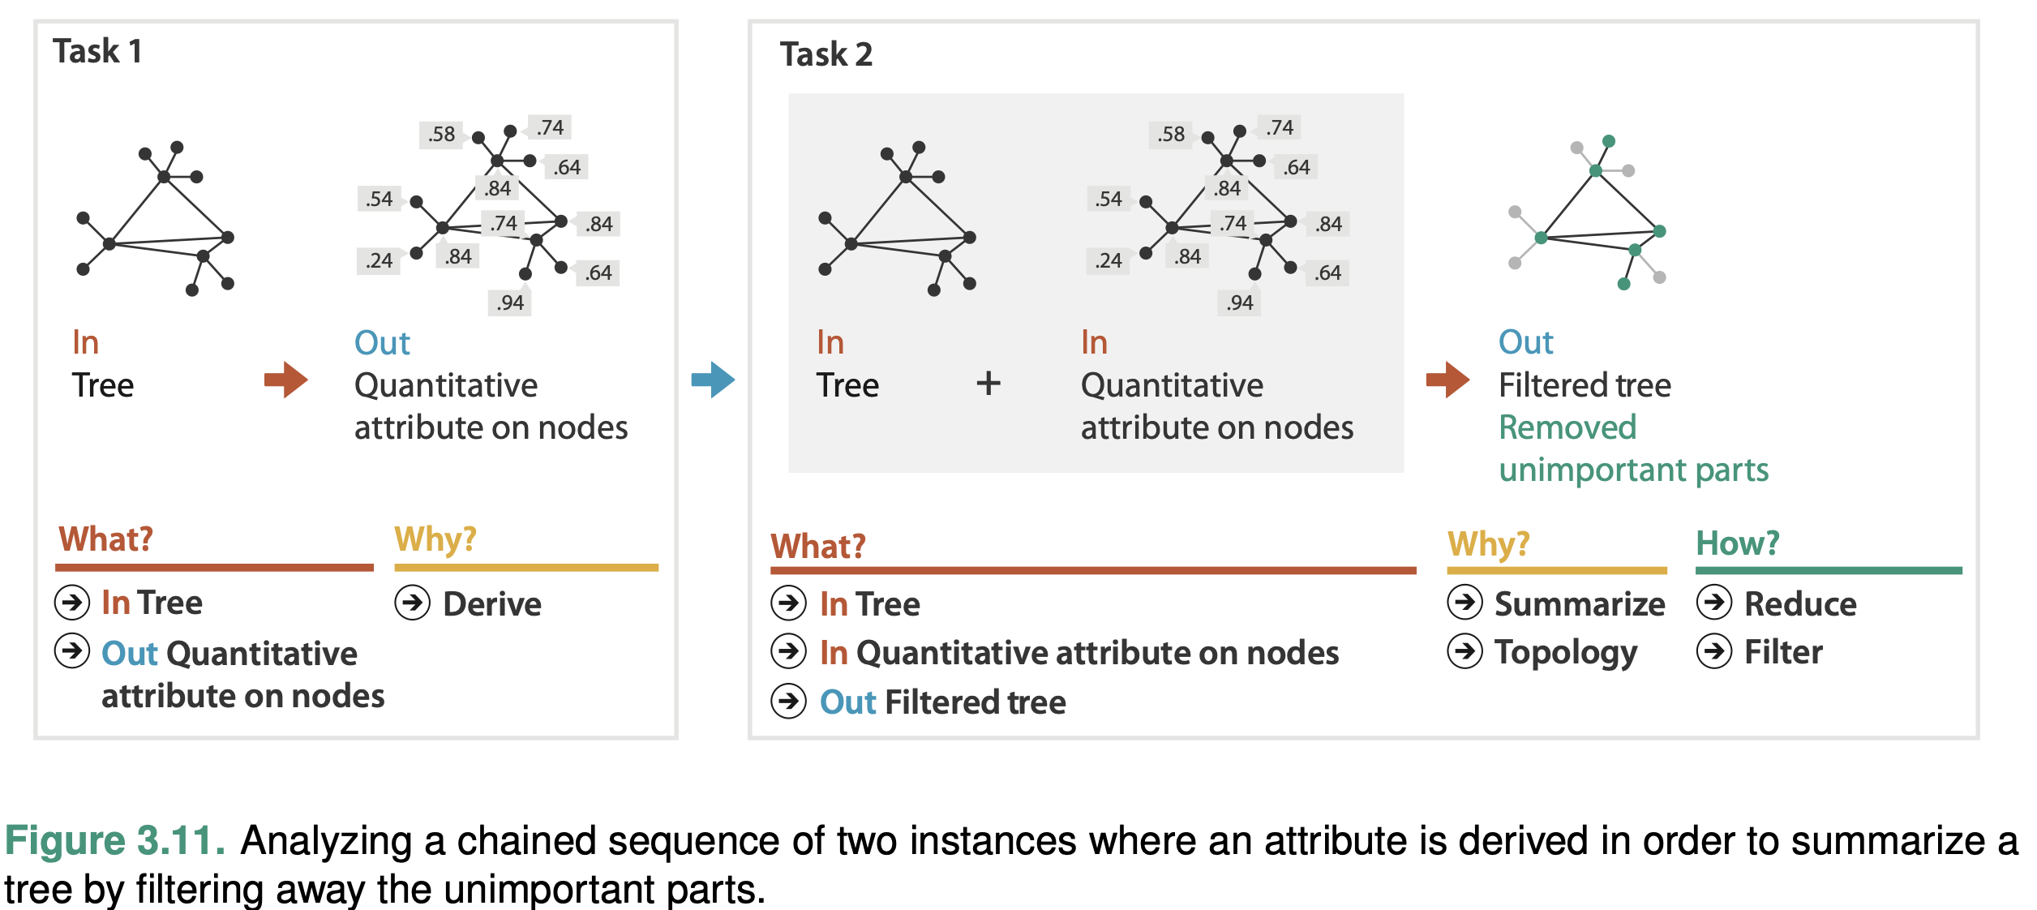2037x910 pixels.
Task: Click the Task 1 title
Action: click(x=97, y=51)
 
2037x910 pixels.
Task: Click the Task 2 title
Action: click(x=826, y=54)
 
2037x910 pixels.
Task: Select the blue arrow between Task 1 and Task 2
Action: click(x=713, y=380)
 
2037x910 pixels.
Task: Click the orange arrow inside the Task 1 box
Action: click(x=285, y=380)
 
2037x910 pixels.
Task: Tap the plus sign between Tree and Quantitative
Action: click(x=988, y=383)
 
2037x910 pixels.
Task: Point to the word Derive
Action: click(x=491, y=604)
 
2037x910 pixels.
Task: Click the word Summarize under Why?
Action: click(x=1579, y=604)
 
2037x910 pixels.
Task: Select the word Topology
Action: click(x=1565, y=653)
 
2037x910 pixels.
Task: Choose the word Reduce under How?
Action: click(x=1799, y=604)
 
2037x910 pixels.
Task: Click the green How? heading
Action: click(x=1737, y=543)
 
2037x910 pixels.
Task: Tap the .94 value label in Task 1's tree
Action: click(x=510, y=303)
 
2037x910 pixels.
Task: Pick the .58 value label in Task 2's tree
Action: click(x=1171, y=134)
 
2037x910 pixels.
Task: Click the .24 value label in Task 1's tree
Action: click(x=379, y=260)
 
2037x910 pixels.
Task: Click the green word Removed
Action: click(x=1567, y=427)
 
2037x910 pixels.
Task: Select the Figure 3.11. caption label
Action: click(x=114, y=840)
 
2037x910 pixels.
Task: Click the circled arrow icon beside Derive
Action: click(x=413, y=603)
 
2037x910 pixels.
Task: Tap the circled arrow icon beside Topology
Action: click(x=1464, y=651)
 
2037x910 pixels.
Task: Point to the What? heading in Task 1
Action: click(x=105, y=539)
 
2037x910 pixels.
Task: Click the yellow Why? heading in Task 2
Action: click(x=1488, y=543)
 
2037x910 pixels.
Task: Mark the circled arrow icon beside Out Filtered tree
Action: click(x=788, y=702)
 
